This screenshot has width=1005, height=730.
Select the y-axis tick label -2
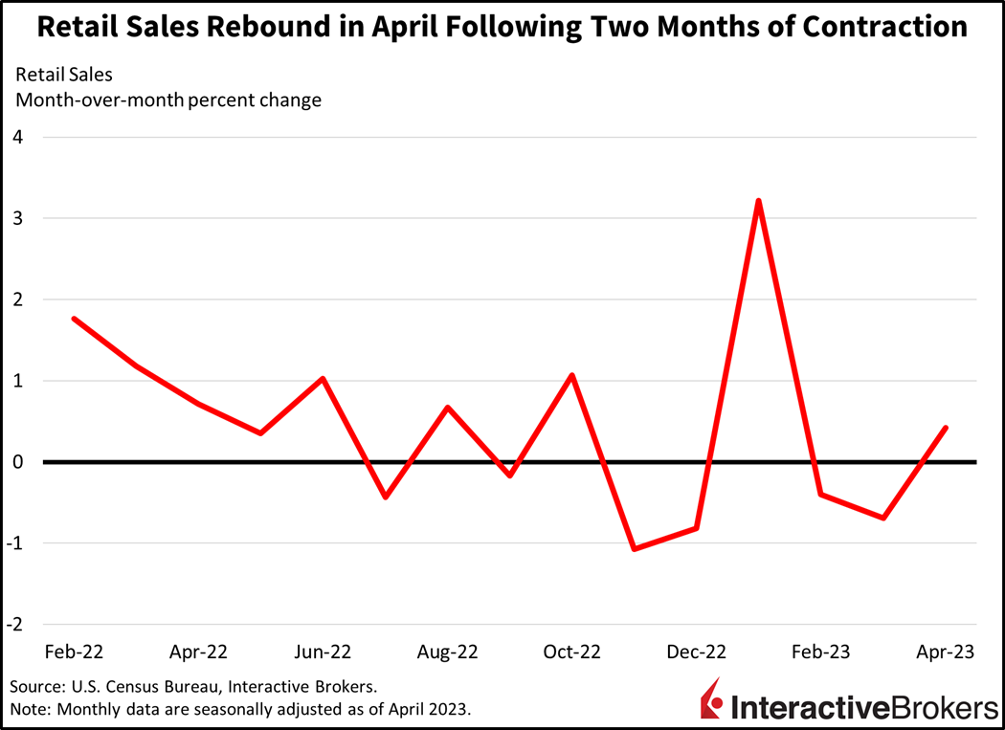[15, 625]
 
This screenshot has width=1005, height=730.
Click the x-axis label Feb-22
[74, 653]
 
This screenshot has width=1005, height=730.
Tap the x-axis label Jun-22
[323, 653]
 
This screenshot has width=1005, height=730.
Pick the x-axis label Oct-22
[571, 653]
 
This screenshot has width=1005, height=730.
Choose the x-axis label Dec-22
[696, 653]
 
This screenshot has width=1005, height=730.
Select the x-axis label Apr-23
[945, 653]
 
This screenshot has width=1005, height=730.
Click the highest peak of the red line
[758, 201]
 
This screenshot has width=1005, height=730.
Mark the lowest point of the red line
[634, 549]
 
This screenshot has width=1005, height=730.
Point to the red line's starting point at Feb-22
[74, 319]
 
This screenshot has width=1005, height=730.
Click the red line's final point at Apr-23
[946, 428]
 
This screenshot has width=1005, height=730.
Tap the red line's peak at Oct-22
[571, 375]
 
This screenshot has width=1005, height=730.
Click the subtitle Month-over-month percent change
[167, 100]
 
